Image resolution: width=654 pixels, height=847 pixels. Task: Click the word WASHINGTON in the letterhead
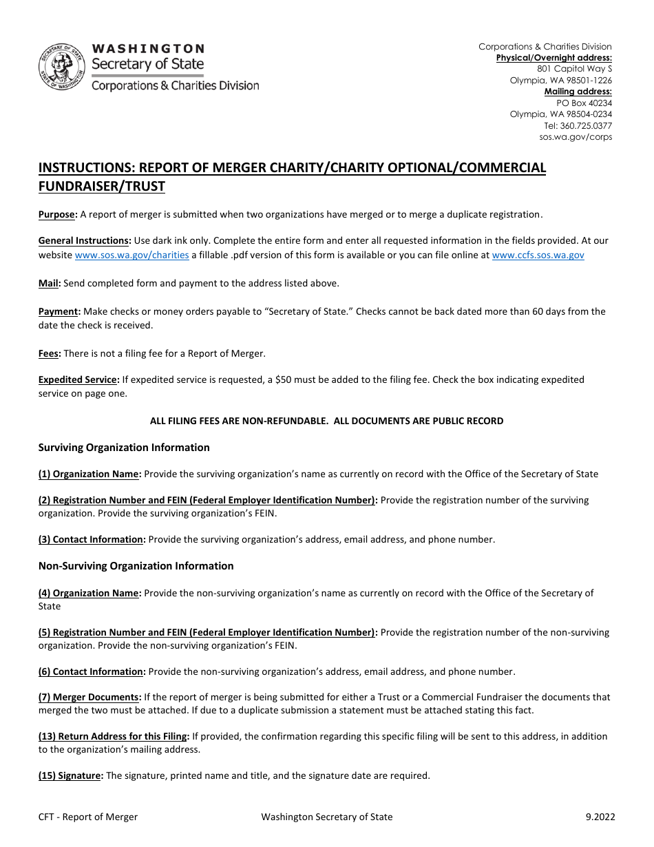click(148, 49)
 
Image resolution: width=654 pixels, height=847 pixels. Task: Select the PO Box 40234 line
click(584, 103)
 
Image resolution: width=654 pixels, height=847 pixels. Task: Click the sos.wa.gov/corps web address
click(576, 136)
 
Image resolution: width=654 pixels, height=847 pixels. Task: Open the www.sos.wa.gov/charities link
click(131, 255)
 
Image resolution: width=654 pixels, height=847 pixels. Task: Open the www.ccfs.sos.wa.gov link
click(538, 255)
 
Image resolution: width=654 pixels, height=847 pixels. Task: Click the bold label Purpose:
click(57, 215)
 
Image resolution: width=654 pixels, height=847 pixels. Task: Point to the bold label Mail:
click(50, 283)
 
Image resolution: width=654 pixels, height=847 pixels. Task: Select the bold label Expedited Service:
click(79, 379)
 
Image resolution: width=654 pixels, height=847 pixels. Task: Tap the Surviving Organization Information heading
click(124, 448)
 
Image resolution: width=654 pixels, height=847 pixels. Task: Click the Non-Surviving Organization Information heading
click(136, 566)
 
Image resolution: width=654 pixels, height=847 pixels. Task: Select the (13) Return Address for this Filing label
click(114, 736)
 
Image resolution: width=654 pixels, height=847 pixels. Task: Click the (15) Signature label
click(70, 775)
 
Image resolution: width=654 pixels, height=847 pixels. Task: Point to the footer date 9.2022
click(600, 817)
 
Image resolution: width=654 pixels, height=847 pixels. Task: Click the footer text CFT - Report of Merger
click(88, 817)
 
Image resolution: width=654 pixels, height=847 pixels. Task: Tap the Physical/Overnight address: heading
click(553, 58)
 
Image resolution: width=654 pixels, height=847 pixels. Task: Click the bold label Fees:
click(50, 353)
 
